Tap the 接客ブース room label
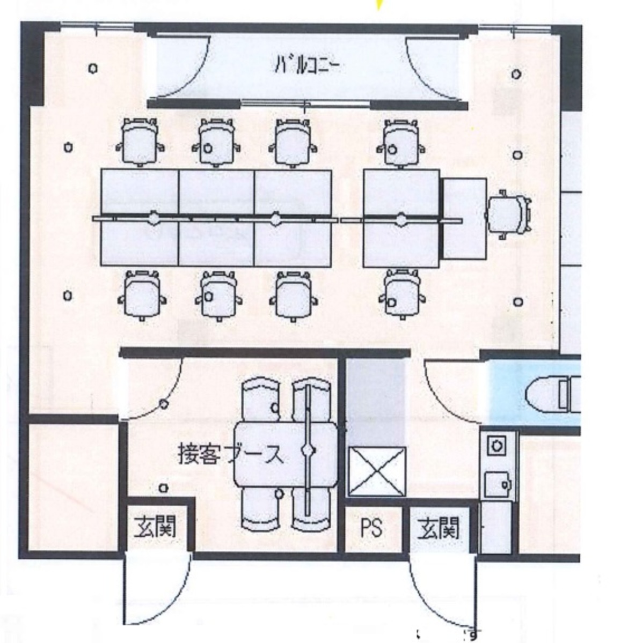[230, 455]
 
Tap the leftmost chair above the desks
[138, 142]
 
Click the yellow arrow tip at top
[380, 5]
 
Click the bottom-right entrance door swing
[440, 590]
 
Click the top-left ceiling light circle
[93, 69]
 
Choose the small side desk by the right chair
[464, 217]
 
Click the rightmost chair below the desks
[401, 294]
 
